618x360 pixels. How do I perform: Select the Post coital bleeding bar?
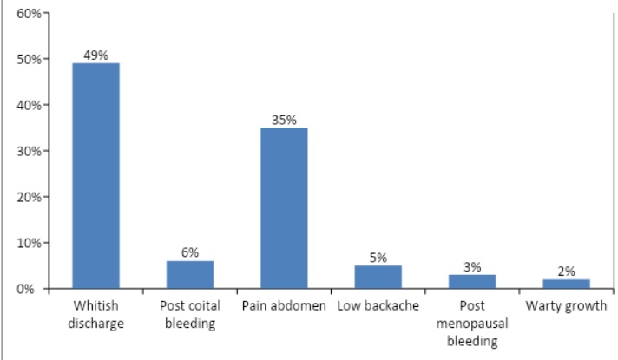[x=190, y=274]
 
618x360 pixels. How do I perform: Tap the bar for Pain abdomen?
[x=284, y=208]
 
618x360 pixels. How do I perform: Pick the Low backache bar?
[x=378, y=277]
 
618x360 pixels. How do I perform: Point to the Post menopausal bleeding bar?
[x=472, y=281]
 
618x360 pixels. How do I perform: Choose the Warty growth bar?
[x=566, y=284]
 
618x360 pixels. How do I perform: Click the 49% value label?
[x=95, y=55]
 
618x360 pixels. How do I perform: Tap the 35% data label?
[x=284, y=119]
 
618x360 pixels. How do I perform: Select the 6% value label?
[x=190, y=252]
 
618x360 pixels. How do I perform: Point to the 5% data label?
[x=378, y=257]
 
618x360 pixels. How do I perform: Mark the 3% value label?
[x=472, y=266]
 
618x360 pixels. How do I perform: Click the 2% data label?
[x=566, y=271]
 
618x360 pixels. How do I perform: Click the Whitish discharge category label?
[x=95, y=313]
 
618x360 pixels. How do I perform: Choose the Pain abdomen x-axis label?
[x=284, y=306]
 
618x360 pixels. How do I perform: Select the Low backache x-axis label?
[x=378, y=306]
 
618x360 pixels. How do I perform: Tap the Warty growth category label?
[x=566, y=306]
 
